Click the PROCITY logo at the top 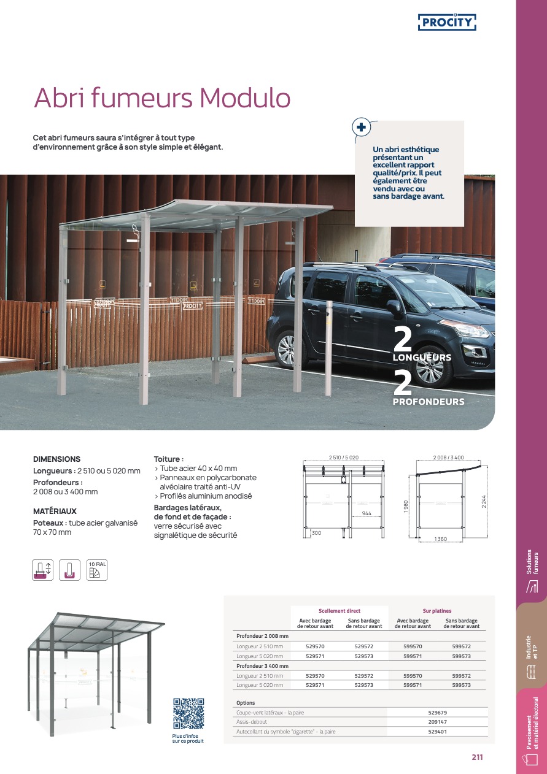[447, 23]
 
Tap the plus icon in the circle [361, 128]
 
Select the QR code [188, 714]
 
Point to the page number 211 [477, 757]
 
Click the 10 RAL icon [97, 570]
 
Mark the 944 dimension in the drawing [367, 513]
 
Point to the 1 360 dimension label [440, 538]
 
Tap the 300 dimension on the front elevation [316, 534]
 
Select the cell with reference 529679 [437, 713]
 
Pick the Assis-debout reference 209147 [437, 722]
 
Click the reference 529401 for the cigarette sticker [437, 731]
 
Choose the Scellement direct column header [339, 611]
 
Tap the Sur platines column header [436, 611]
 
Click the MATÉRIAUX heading [55, 511]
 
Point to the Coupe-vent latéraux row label [270, 713]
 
